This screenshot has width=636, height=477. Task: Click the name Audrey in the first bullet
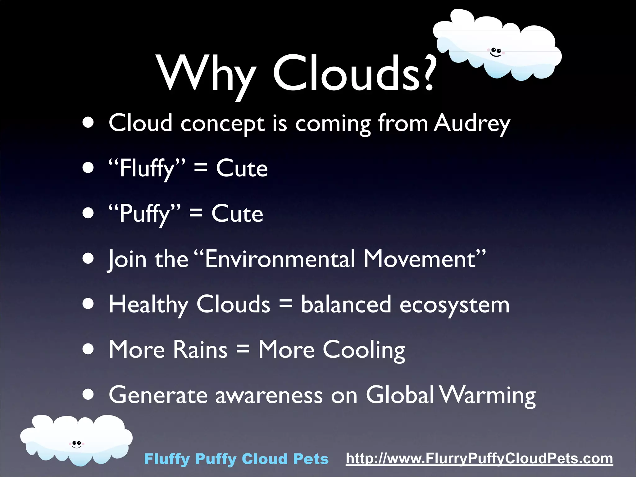471,123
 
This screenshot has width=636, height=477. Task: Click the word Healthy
148,305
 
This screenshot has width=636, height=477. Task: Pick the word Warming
488,395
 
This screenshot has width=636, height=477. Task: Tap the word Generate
158,395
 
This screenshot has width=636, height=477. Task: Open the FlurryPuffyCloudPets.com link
479,459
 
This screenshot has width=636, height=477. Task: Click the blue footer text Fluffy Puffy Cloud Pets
236,459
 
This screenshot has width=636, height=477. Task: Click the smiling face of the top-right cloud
496,52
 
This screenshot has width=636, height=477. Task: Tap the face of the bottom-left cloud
76,444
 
